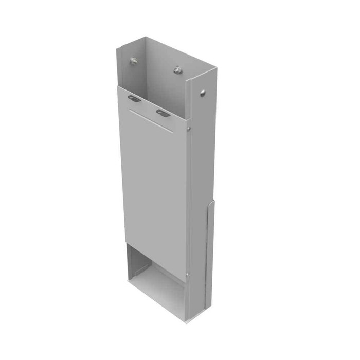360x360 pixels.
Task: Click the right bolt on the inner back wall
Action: pyautogui.click(x=177, y=69)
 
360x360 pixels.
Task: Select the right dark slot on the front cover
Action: pyautogui.click(x=163, y=112)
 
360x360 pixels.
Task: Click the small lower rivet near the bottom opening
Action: pyautogui.click(x=188, y=275)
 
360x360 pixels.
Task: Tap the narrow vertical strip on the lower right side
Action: pyautogui.click(x=210, y=257)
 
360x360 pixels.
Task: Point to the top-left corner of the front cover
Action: pyautogui.click(x=118, y=86)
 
